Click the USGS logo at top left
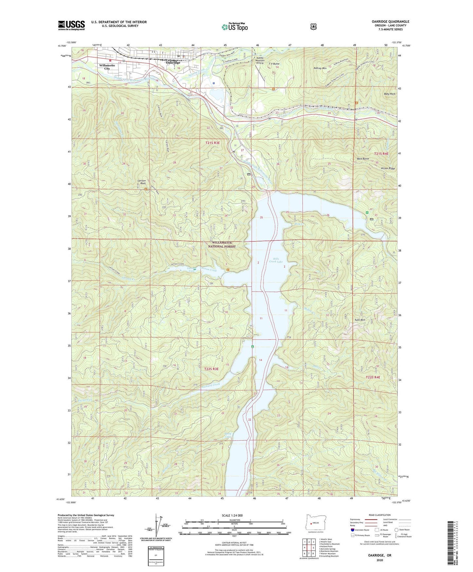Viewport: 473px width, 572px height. [x=71, y=25]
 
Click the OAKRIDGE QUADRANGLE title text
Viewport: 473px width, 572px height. [x=388, y=22]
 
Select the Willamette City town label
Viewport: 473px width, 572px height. [x=107, y=67]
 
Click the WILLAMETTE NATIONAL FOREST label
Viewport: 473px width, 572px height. [x=222, y=244]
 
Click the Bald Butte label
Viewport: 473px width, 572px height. [x=363, y=159]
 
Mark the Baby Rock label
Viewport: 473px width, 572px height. [x=390, y=94]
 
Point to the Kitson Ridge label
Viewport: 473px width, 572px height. [x=388, y=168]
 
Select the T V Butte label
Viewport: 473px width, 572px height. [x=274, y=64]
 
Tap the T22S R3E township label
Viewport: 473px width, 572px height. [x=211, y=369]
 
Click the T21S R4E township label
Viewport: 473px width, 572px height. [x=381, y=153]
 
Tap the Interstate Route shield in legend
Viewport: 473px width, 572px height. [x=353, y=530]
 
